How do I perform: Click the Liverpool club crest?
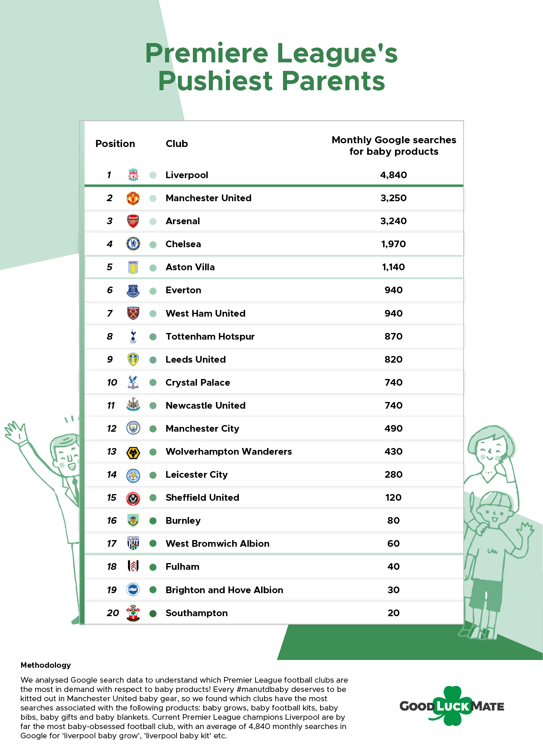point(133,174)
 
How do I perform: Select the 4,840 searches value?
point(394,175)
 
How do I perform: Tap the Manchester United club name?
point(208,198)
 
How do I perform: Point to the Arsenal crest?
point(133,221)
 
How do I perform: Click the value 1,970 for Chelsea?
point(394,244)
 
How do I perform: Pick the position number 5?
point(109,267)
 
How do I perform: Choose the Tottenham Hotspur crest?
point(133,336)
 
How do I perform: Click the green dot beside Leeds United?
point(153,360)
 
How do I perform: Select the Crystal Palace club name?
point(198,383)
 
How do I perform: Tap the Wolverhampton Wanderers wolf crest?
point(133,452)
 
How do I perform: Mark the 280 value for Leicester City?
point(394,474)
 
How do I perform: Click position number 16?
point(112,520)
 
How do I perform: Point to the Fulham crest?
point(133,566)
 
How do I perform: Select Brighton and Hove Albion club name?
point(224,590)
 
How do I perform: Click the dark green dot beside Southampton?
point(153,613)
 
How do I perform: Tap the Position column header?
point(115,144)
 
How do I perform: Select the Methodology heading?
point(46,665)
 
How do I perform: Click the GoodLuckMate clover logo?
point(452,706)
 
